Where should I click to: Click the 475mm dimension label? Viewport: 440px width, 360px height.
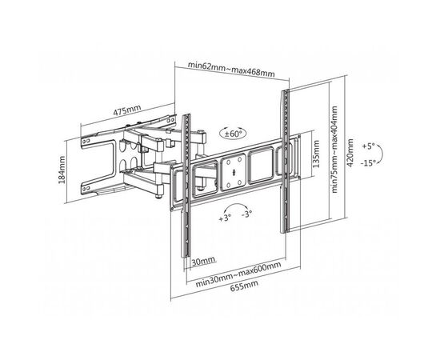[127, 110]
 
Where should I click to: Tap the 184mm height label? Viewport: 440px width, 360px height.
[62, 170]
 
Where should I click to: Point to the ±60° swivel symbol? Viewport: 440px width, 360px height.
[233, 134]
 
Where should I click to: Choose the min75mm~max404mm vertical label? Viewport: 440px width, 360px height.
[334, 150]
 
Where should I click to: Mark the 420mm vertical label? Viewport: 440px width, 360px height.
[350, 153]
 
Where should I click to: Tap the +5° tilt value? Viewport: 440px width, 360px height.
[369, 146]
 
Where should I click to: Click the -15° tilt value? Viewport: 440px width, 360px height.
[368, 163]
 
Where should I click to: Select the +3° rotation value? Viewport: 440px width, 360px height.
[225, 218]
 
